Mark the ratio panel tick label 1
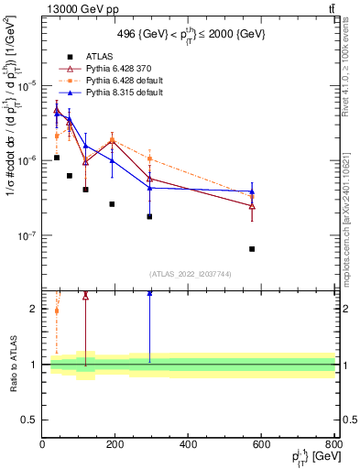point(34,365)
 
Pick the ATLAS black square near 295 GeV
point(149,217)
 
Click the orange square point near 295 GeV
point(149,159)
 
